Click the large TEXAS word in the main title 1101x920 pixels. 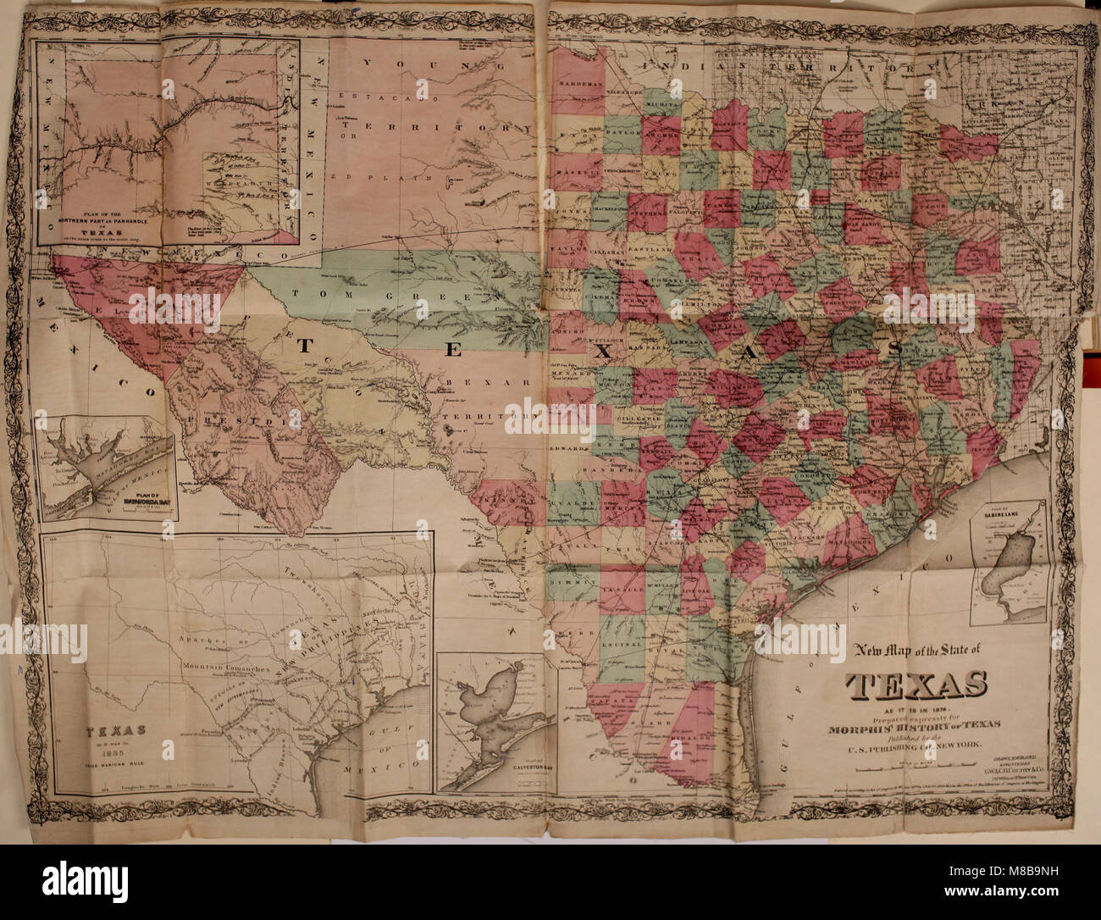pyautogui.click(x=916, y=684)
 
